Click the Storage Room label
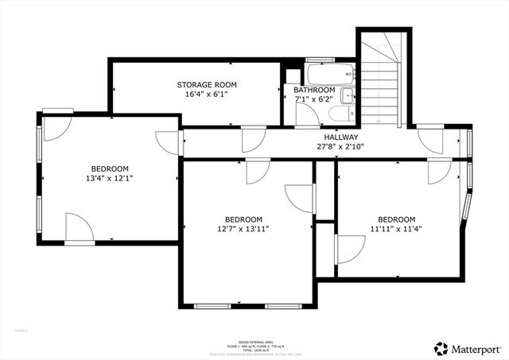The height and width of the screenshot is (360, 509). click(207, 84)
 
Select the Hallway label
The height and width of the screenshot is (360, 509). click(340, 137)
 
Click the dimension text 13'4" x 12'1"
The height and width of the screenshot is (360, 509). click(110, 178)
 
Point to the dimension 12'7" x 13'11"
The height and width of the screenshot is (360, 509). click(243, 229)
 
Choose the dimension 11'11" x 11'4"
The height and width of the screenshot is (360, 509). click(396, 229)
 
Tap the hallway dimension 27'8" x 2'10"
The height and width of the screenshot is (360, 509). click(340, 146)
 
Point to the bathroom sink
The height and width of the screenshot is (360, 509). click(347, 97)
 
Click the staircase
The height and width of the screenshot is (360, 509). click(383, 79)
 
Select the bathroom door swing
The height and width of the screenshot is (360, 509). click(305, 115)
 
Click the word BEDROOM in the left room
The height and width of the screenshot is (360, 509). click(110, 168)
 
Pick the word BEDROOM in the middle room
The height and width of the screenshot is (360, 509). click(243, 219)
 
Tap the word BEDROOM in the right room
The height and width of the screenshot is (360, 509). click(396, 219)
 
